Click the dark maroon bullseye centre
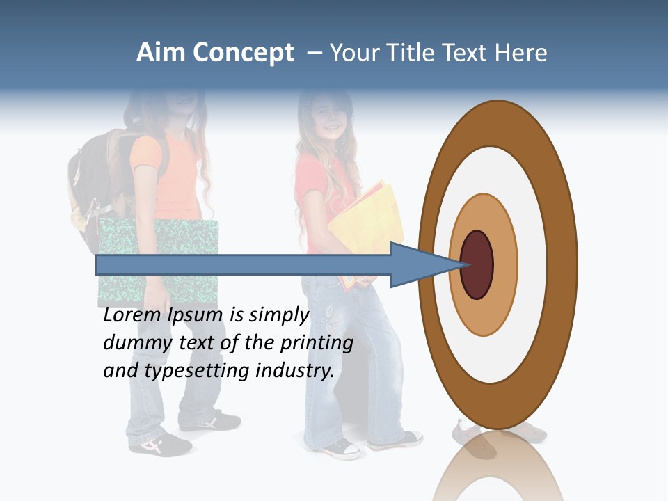(477, 264)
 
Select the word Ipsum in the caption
(196, 316)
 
